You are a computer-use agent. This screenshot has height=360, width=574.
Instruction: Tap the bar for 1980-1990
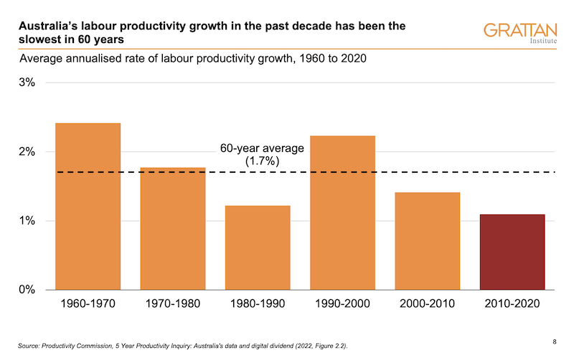click(x=258, y=247)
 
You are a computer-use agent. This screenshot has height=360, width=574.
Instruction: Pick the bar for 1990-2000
click(x=342, y=212)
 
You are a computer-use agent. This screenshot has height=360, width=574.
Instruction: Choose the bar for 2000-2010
click(x=428, y=241)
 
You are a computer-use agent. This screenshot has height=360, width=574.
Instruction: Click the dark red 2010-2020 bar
click(x=512, y=252)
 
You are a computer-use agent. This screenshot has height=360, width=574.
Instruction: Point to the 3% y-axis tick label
click(x=27, y=82)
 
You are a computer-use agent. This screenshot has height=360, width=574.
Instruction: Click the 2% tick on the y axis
click(x=27, y=151)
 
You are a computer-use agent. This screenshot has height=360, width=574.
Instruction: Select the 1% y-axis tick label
click(x=27, y=220)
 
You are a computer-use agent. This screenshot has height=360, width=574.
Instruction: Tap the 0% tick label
click(x=27, y=290)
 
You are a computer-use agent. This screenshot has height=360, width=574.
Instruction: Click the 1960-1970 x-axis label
click(x=88, y=304)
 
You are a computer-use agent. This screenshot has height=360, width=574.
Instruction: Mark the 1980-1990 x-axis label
click(x=258, y=304)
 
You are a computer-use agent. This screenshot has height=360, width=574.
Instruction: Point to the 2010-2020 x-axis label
click(x=512, y=304)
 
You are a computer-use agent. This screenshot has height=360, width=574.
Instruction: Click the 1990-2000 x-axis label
click(x=342, y=304)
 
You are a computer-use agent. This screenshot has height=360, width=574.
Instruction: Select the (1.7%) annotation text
click(x=262, y=161)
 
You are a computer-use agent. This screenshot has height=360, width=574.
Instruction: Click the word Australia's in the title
click(x=46, y=26)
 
